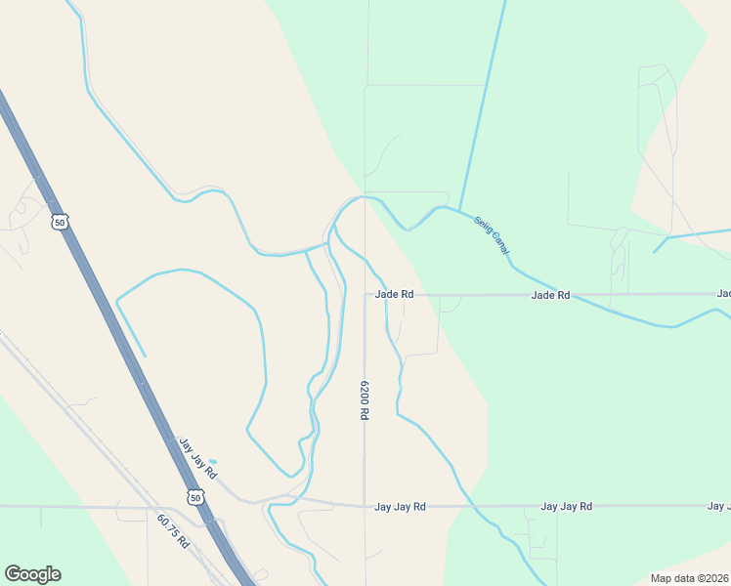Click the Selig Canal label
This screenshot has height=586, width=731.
click(493, 237)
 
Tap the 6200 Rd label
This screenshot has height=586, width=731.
click(364, 399)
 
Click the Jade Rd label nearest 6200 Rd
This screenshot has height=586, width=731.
click(394, 294)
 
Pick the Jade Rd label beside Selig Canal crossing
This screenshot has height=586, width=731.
click(550, 294)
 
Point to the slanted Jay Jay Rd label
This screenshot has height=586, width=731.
click(196, 458)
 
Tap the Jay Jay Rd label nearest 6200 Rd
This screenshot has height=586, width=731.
click(401, 507)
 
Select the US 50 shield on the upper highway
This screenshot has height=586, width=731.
click(61, 223)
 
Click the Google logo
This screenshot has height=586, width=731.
click(32, 574)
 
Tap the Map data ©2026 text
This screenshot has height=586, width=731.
click(690, 578)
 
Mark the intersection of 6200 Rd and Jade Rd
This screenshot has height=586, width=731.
click(365, 294)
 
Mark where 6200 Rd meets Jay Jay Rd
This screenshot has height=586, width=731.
click(365, 506)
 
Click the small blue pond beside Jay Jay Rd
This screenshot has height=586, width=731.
click(213, 461)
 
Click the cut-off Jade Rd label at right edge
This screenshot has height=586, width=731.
click(724, 294)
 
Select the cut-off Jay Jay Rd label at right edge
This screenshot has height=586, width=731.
click(719, 507)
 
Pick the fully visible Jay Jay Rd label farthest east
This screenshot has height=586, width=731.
click(567, 507)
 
